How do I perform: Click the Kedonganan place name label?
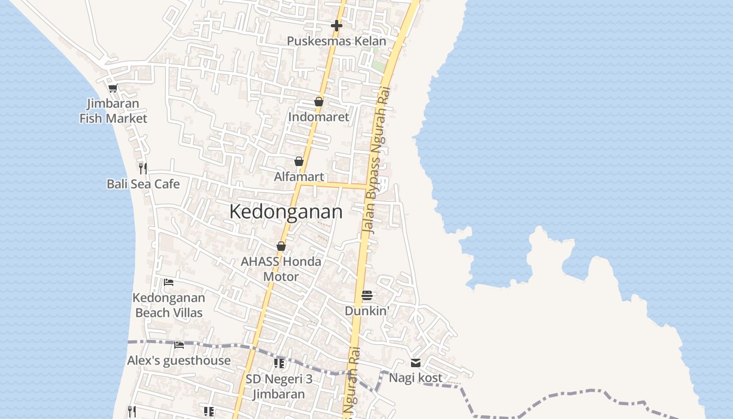tap(286, 212)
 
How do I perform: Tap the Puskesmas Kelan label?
tap(337, 41)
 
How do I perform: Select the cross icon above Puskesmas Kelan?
tap(337, 25)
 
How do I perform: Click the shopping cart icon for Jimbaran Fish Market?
tap(113, 88)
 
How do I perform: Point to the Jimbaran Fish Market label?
tap(113, 111)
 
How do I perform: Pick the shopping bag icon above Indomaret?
tap(318, 102)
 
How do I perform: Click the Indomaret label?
tap(318, 117)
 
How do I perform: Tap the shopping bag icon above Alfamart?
tap(299, 161)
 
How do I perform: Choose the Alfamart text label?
tap(299, 177)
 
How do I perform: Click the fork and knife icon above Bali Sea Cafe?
tap(142, 168)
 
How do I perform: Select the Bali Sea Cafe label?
tap(143, 184)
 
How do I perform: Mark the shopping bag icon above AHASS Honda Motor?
tap(281, 246)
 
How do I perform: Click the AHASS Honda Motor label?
tap(281, 269)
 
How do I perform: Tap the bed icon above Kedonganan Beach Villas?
tap(169, 282)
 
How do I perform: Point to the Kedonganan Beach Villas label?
tap(169, 305)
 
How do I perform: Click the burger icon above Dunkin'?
tap(367, 295)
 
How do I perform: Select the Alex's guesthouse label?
tap(179, 360)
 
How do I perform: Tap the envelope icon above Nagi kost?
tap(416, 362)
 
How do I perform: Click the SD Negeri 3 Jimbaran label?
tap(279, 386)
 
